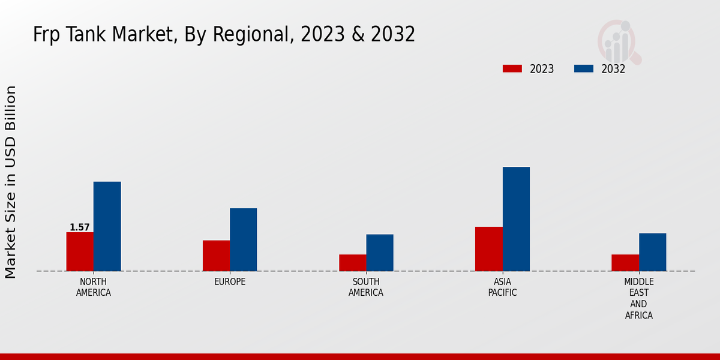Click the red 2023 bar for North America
[80, 251]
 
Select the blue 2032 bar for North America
[107, 226]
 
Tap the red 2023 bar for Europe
[216, 256]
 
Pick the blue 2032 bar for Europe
[243, 239]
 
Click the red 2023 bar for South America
[352, 263]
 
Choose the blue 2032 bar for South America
[380, 253]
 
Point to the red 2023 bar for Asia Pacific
[489, 249]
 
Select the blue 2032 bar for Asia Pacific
[516, 219]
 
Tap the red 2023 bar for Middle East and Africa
[625, 263]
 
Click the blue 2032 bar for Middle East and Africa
[652, 252]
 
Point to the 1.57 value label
[80, 227]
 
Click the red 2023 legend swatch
[512, 68]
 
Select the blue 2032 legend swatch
[583, 68]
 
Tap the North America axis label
[94, 287]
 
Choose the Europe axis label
[230, 282]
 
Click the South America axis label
[366, 287]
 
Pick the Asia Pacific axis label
[503, 287]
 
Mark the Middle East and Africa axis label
[639, 298]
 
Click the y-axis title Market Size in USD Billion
[11, 182]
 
